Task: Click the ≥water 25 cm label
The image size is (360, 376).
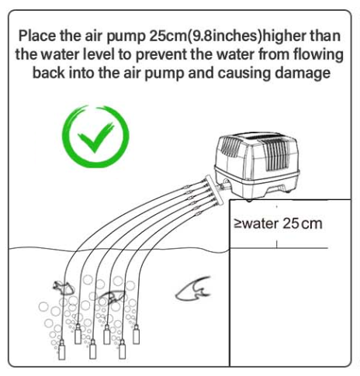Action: tap(277, 224)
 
